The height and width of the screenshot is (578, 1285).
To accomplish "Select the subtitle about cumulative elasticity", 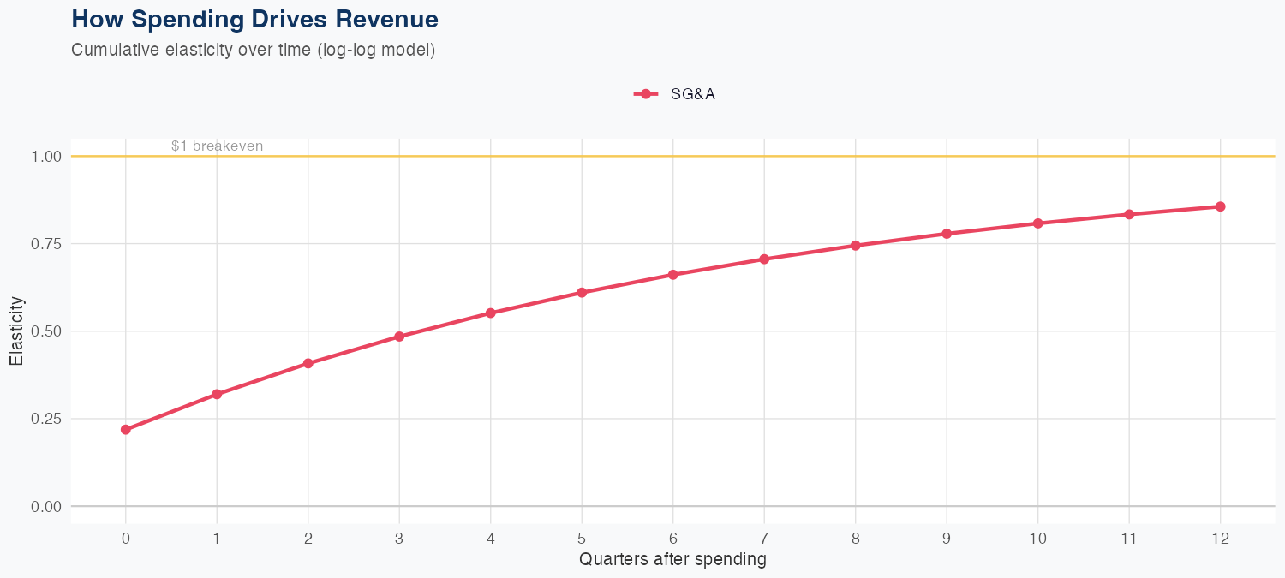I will [254, 50].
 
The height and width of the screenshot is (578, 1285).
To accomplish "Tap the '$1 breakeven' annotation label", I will [217, 146].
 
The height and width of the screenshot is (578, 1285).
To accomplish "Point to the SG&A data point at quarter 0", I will [126, 430].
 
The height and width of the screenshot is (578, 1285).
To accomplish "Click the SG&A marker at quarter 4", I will [491, 313].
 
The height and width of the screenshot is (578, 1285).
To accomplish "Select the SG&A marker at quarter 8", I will [855, 246].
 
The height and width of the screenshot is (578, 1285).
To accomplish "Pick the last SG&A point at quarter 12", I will [1220, 206].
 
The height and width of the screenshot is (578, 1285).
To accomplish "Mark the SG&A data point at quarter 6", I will [672, 275].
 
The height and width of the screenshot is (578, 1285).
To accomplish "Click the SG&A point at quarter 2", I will [308, 364].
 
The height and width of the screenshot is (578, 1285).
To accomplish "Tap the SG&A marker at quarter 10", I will [1037, 223].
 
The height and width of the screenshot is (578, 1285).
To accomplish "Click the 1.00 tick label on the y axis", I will [47, 157].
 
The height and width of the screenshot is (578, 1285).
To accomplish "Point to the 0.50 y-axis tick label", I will [47, 331].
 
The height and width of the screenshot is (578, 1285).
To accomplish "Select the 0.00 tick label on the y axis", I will [47, 507].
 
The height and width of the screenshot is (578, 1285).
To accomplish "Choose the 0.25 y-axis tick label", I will [47, 419].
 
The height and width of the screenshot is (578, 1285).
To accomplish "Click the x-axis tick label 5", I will [582, 539].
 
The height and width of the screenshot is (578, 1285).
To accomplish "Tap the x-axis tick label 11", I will [1129, 539].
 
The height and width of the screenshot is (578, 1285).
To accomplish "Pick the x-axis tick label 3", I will [399, 539].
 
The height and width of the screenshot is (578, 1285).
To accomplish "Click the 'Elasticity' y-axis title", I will [16, 331].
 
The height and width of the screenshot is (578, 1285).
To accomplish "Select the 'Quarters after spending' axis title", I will [672, 560].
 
